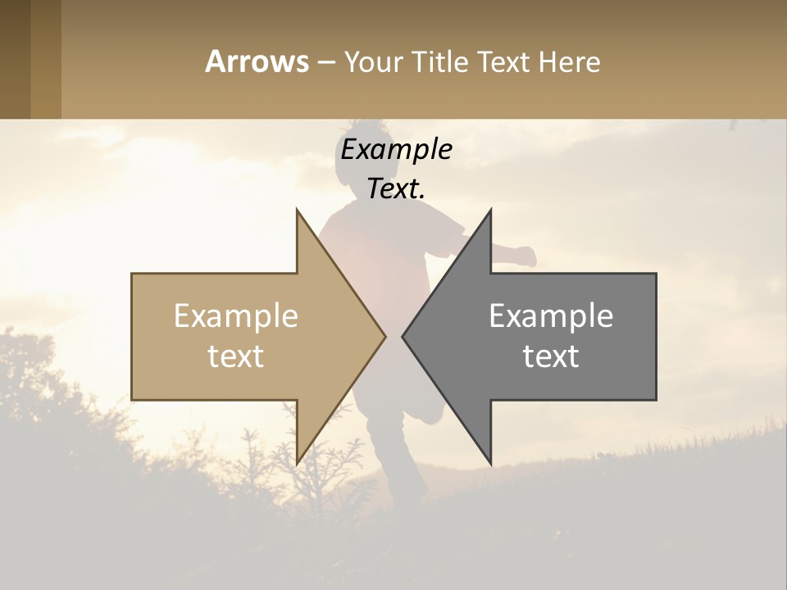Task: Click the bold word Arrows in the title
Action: [257, 61]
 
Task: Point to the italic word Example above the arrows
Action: [396, 150]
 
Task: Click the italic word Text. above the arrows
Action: [396, 188]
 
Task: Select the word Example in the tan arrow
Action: [236, 316]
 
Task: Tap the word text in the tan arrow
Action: [236, 356]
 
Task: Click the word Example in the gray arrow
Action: [551, 316]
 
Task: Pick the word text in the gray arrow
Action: [551, 356]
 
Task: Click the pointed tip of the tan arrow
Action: [384, 336]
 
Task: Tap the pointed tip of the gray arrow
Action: [403, 336]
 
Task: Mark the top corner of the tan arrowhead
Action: [297, 210]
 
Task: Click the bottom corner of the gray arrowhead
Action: [490, 463]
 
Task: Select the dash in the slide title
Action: [326, 62]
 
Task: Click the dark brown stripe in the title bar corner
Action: [15, 59]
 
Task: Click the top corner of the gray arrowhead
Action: [490, 210]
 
